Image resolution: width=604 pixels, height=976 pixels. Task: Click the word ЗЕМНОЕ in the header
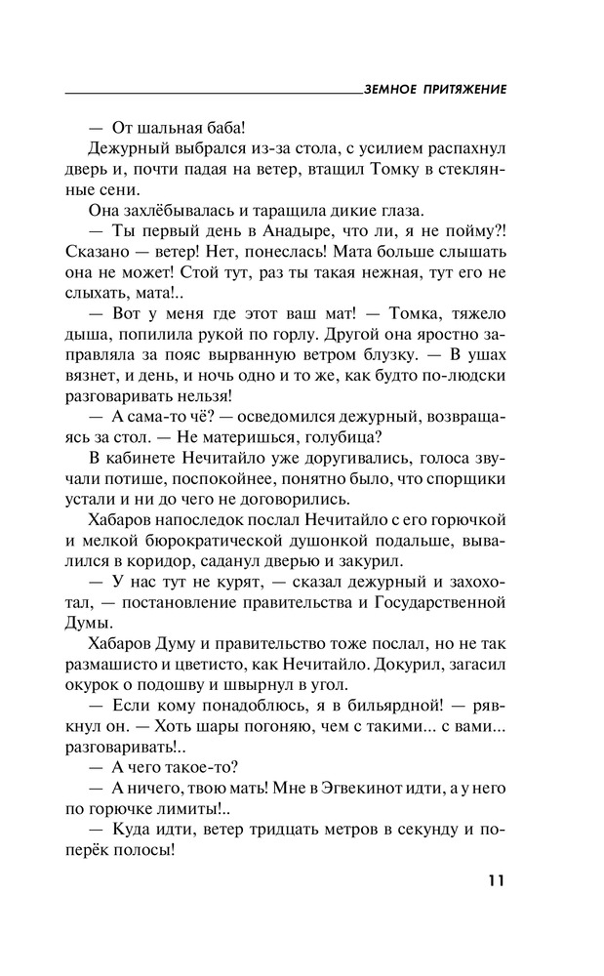click(x=390, y=89)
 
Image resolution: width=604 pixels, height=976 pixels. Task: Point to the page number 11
click(x=496, y=881)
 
